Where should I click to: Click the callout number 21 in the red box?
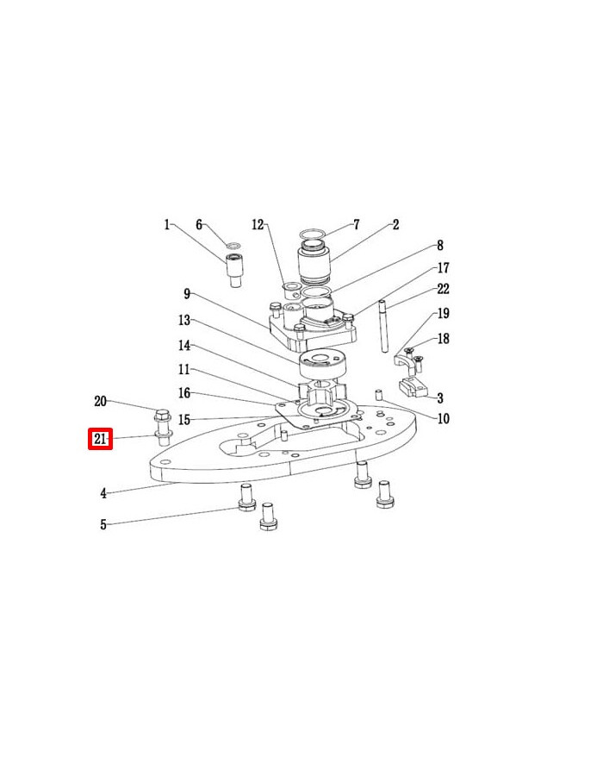pyautogui.click(x=101, y=440)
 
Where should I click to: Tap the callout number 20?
pyautogui.click(x=100, y=401)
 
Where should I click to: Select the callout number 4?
pyautogui.click(x=103, y=494)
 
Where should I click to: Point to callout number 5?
pyautogui.click(x=103, y=524)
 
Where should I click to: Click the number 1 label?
pyautogui.click(x=167, y=225)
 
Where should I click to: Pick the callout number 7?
pyautogui.click(x=356, y=225)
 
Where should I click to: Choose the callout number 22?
pyautogui.click(x=443, y=289)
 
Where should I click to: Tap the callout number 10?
pyautogui.click(x=443, y=420)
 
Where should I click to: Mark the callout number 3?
pyautogui.click(x=440, y=398)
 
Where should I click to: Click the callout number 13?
pyautogui.click(x=183, y=320)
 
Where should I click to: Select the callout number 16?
pyautogui.click(x=183, y=393)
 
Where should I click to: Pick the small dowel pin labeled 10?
pyautogui.click(x=379, y=395)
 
